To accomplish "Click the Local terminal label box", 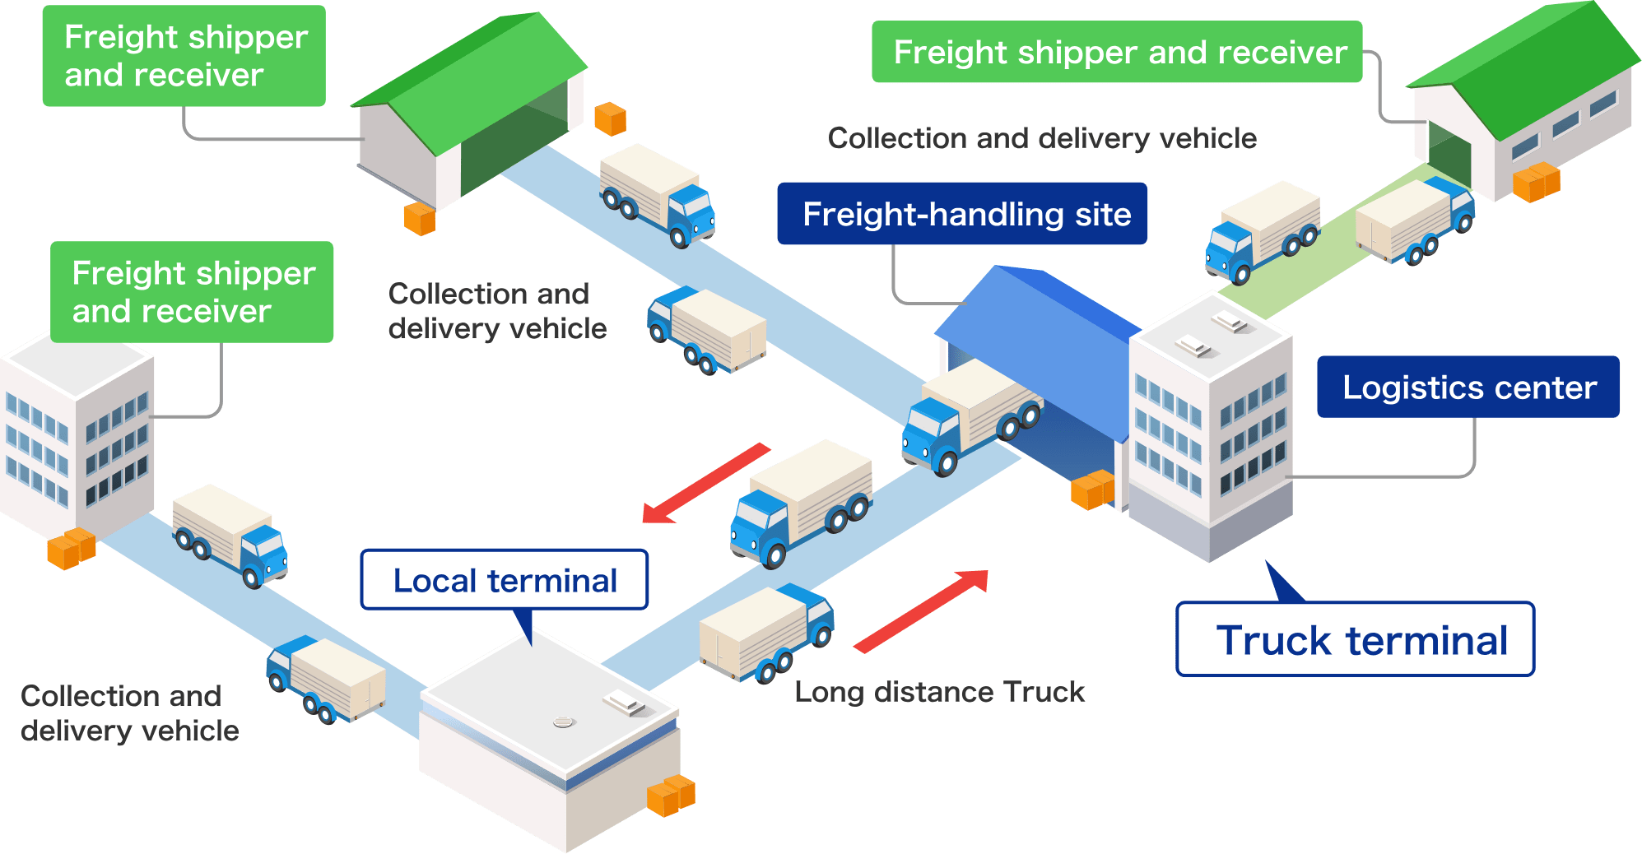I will point(505,580).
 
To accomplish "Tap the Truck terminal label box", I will point(1356,639).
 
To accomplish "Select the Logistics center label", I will point(1468,387).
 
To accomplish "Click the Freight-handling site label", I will point(962,214).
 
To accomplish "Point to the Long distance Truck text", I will point(939,692).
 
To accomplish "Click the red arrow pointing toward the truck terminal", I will point(922,610).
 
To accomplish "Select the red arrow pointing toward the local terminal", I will point(705,483).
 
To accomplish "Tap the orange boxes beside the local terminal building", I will point(671,795).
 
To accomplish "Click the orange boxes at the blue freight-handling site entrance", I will point(1092,490).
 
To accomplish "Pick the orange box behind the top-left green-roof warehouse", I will point(610,119).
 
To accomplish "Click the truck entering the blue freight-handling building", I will point(970,416).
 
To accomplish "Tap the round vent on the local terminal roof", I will point(563,722).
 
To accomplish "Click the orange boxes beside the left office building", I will point(71,549).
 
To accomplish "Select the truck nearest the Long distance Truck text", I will point(765,634).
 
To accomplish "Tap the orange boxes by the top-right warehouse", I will point(1536,182).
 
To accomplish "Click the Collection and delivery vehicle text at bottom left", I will point(129,713).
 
